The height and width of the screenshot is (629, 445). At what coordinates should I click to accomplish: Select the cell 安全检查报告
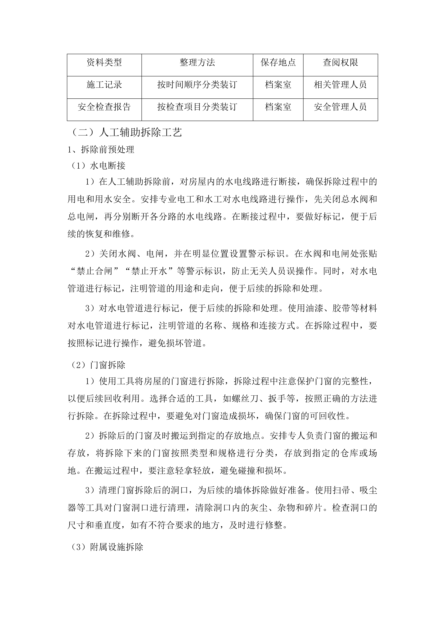[x=104, y=107]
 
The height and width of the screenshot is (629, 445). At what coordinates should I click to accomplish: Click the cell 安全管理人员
[x=340, y=107]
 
